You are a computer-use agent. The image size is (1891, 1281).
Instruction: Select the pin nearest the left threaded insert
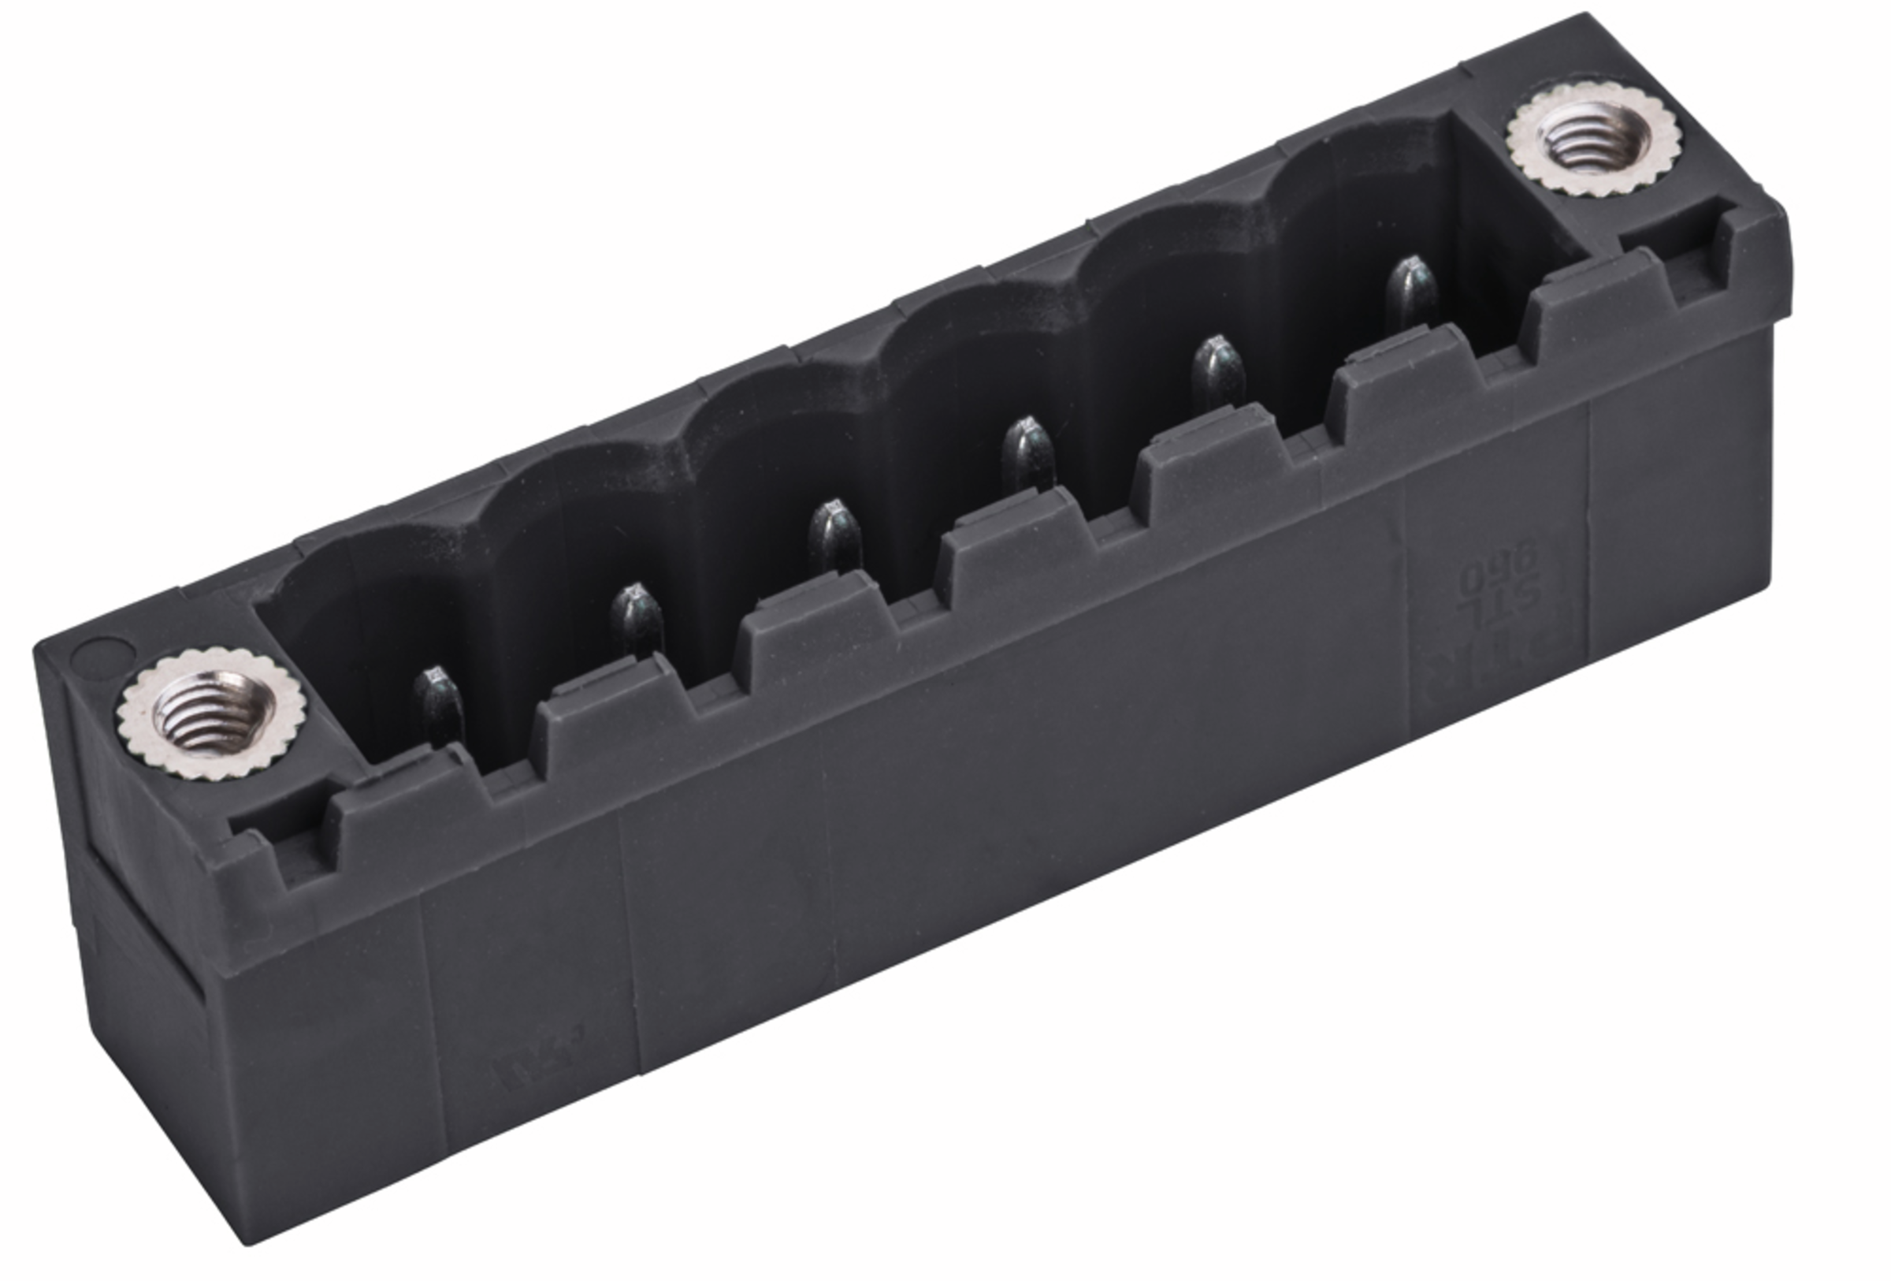[x=438, y=705]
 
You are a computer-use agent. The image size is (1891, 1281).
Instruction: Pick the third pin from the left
[x=834, y=537]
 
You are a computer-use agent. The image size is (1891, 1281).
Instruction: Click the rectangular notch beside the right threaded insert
[x=1668, y=232]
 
